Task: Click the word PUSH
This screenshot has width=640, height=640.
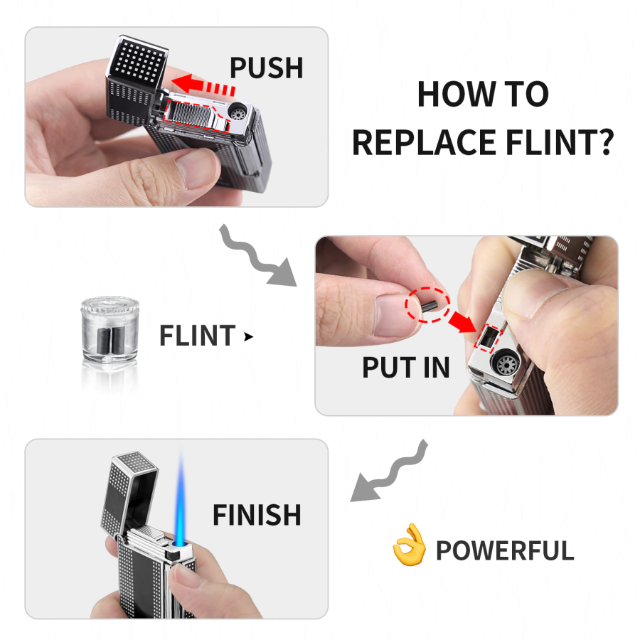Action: coord(267,68)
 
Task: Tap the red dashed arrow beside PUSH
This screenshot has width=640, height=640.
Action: coord(203,85)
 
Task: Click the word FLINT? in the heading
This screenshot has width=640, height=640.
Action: coord(560,142)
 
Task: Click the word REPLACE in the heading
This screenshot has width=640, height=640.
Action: coord(425,142)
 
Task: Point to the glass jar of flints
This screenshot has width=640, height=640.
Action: coord(110,329)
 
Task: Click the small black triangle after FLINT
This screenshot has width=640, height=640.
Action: coord(248,337)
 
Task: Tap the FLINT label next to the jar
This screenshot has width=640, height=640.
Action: coord(197,336)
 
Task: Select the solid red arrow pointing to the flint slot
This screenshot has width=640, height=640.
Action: coord(462,321)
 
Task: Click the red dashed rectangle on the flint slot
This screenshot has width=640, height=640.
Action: coord(487,338)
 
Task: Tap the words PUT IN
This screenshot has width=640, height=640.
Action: coord(406,368)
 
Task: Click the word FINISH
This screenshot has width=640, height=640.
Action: coord(257,514)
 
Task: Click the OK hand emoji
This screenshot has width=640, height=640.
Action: coord(409,545)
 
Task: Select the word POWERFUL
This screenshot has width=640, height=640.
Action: coord(505,550)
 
